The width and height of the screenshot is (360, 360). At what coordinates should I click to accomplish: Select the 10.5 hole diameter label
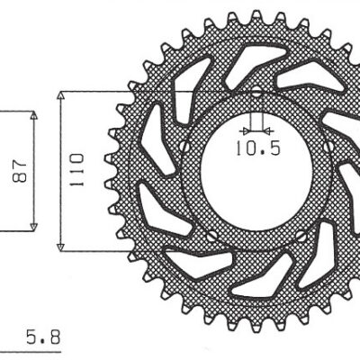click(256, 146)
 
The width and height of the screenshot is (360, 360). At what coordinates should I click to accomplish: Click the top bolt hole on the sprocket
click(256, 92)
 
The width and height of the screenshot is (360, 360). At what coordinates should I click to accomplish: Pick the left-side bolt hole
click(185, 146)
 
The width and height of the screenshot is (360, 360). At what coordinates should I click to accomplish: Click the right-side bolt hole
click(329, 146)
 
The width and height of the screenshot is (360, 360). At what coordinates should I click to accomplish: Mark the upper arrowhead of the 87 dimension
click(33, 117)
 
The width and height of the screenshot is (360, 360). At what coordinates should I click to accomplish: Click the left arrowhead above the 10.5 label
click(247, 126)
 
